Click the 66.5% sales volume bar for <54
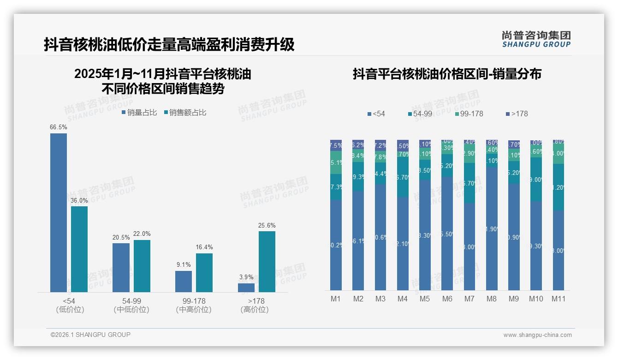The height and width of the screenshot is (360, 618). click(x=59, y=212)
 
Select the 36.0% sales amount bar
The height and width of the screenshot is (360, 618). click(x=79, y=249)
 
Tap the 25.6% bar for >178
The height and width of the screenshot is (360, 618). click(x=267, y=261)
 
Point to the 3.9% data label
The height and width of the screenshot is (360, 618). click(x=246, y=277)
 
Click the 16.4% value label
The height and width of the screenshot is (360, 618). click(x=204, y=247)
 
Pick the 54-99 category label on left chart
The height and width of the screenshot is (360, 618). click(x=131, y=301)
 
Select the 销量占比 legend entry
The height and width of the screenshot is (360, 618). click(x=139, y=113)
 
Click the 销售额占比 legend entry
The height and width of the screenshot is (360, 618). click(x=185, y=113)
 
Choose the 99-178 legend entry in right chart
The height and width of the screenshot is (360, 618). click(x=469, y=114)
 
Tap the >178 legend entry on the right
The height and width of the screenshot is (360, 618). click(x=517, y=114)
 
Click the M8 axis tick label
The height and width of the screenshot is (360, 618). click(x=492, y=299)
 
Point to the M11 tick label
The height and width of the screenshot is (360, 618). click(x=559, y=299)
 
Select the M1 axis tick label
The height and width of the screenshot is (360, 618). click(x=336, y=299)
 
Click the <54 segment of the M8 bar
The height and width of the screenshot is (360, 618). click(x=492, y=228)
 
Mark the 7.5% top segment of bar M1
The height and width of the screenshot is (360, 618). click(x=336, y=145)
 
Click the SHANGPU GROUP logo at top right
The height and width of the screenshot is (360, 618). click(x=536, y=39)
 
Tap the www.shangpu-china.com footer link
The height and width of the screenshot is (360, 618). click(x=537, y=335)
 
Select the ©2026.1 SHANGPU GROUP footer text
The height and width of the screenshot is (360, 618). click(x=90, y=335)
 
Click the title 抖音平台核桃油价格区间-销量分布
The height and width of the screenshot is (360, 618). click(x=447, y=74)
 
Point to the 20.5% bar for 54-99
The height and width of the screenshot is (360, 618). click(x=121, y=268)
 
